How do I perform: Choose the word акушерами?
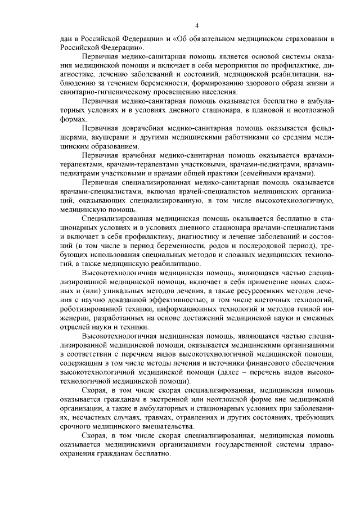tap(110, 137)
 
